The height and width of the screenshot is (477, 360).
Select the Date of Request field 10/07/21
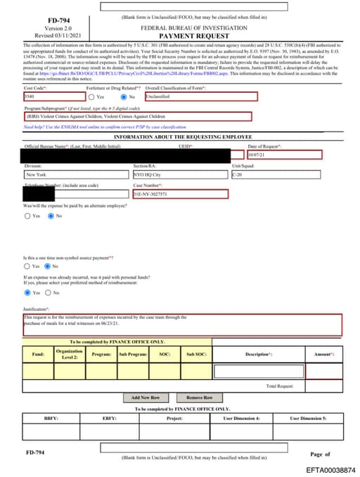coord(274,154)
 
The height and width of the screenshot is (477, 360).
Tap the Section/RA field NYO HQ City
coord(179,174)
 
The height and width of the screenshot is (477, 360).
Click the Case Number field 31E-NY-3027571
coord(179,193)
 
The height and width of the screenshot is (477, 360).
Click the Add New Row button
coord(146,397)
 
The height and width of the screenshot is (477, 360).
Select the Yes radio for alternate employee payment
coord(27,216)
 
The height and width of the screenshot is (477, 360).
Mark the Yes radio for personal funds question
coord(27,293)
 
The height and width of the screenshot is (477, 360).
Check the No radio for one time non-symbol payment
coord(47,267)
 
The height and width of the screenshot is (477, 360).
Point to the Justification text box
coord(181,324)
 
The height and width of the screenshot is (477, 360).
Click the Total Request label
coord(280,386)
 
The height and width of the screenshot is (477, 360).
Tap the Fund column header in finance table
coord(38,354)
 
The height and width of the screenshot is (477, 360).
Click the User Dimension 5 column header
coord(309,418)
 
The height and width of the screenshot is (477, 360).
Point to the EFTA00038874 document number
coord(330,469)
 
